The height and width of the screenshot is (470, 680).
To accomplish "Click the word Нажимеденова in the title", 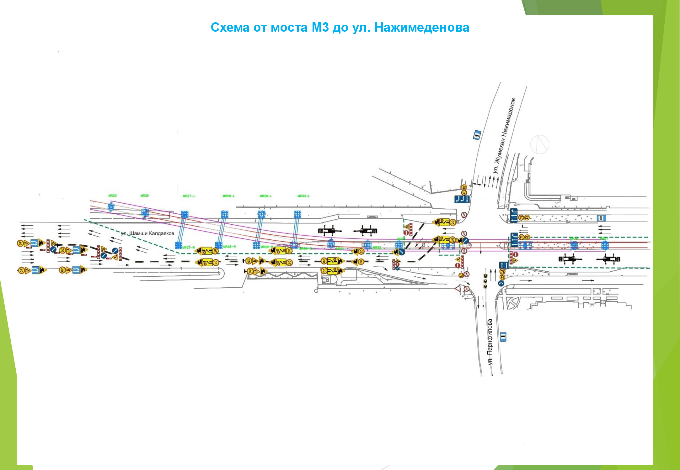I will [422, 28].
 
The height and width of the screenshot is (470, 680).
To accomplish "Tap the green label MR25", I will [112, 196].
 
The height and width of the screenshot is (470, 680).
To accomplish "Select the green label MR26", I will [145, 196].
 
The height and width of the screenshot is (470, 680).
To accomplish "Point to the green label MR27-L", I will [189, 196].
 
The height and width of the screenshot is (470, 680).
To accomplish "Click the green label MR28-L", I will [228, 196].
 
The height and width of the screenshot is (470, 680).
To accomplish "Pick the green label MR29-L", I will [265, 196].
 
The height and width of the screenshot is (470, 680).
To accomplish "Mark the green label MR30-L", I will [303, 196].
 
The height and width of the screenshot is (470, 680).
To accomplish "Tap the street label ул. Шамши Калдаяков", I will [147, 233].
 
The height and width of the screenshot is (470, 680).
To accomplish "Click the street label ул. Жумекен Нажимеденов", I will [504, 135].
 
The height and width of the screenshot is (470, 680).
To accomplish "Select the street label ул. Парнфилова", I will [490, 342].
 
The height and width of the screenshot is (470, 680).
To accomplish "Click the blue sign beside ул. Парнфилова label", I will [503, 337].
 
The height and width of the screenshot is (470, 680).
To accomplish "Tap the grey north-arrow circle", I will [539, 144].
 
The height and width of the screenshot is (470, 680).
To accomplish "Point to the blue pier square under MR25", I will [111, 207].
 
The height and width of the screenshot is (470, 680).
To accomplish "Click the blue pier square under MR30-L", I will [297, 214].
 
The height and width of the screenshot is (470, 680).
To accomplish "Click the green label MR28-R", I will [229, 247].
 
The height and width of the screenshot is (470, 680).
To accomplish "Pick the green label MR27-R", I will [189, 248].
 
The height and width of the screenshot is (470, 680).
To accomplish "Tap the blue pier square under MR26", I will [145, 212].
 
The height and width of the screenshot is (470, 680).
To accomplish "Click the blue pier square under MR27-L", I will [185, 215].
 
